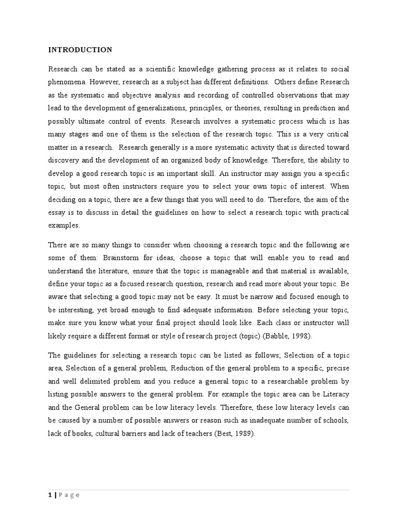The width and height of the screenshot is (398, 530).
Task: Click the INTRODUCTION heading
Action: (80, 50)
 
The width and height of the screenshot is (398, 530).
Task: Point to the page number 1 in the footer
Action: (50, 495)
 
